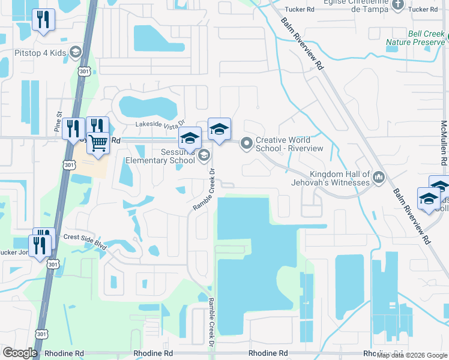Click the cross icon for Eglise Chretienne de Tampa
click(398, 5)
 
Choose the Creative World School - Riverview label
click(289, 144)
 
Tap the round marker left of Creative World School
click(246, 143)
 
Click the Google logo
click(20, 353)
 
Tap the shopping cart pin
click(98, 143)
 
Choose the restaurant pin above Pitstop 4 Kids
click(42, 20)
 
